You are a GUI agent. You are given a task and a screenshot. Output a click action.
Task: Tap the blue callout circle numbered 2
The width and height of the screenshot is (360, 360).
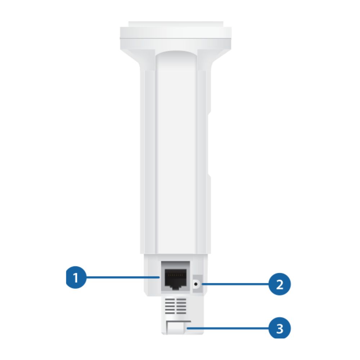(x=280, y=284)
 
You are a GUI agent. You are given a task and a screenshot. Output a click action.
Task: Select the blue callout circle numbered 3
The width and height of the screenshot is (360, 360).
(x=280, y=328)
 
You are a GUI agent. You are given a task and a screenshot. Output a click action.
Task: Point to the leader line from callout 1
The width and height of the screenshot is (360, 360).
(x=123, y=277)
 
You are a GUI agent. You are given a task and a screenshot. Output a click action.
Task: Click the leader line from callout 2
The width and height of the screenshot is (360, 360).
(x=235, y=284)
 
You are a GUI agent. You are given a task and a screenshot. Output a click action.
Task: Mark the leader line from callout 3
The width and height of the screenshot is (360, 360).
(x=228, y=328)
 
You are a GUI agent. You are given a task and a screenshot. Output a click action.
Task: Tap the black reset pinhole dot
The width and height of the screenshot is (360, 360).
(x=196, y=284)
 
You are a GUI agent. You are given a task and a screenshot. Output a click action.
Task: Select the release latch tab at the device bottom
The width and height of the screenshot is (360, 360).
(x=176, y=328)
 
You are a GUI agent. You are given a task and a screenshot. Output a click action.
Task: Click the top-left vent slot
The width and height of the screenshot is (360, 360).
(x=170, y=299)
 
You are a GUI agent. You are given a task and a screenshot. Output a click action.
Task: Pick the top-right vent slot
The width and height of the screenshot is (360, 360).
(x=181, y=299)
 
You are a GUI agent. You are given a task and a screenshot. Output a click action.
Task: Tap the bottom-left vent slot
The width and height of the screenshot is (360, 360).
(x=170, y=313)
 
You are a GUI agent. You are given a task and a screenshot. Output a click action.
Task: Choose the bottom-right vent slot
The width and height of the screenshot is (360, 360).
(x=181, y=313)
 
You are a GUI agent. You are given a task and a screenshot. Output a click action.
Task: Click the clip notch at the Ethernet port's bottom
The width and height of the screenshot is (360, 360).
(x=176, y=287)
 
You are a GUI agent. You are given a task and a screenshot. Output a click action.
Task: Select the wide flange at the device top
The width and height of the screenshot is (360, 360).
(x=176, y=38)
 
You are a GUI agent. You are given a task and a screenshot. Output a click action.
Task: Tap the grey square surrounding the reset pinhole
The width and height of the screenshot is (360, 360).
(x=197, y=284)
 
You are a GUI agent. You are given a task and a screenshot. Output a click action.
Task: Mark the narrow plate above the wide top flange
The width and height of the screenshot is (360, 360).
(x=176, y=24)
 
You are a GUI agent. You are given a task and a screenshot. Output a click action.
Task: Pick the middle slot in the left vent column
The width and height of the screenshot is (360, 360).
(x=170, y=306)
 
